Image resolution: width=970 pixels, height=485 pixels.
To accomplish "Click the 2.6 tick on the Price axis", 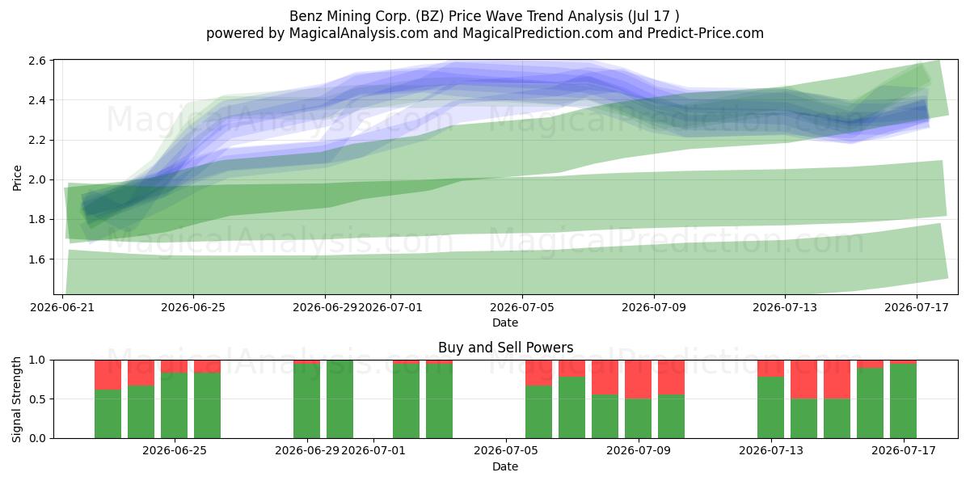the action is tap(37, 61).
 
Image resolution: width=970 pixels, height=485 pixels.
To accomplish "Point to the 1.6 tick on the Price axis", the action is tap(37, 259).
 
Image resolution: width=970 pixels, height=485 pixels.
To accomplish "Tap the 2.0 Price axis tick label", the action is tap(37, 179).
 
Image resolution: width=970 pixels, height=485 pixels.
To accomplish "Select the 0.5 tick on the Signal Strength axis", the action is tap(37, 399).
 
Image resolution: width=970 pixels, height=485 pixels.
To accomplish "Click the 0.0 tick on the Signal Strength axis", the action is tap(37, 438).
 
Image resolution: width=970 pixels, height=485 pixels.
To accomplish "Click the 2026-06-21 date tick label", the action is tap(62, 307).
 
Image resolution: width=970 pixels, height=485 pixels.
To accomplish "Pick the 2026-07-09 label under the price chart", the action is tap(654, 307).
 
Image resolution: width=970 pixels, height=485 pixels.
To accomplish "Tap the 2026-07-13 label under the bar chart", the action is tap(771, 451).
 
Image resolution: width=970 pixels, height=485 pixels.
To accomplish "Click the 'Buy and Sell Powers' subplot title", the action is tap(505, 348).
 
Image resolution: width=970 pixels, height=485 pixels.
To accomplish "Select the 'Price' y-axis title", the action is tap(17, 178).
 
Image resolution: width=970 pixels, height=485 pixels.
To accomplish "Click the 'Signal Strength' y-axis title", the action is tap(17, 399).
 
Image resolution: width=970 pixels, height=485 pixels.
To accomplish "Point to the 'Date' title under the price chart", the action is tap(505, 323).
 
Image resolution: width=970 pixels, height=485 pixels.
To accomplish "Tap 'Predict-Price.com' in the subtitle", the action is tap(706, 33).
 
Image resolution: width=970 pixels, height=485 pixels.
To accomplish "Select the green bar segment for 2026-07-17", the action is tap(903, 401).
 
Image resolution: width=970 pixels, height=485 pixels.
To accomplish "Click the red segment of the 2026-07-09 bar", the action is tap(638, 379).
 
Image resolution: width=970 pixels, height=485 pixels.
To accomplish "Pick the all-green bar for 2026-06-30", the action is tap(339, 399).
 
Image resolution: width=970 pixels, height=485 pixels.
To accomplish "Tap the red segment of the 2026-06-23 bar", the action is tap(108, 375).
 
